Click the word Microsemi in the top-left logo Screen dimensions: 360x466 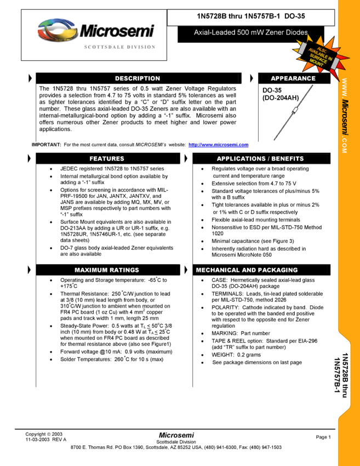[x=116, y=31]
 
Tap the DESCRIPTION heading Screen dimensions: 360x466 [x=138, y=78]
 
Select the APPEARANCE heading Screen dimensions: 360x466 [x=293, y=78]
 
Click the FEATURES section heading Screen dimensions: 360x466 [x=107, y=158]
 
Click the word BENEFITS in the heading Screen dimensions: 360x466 [x=287, y=158]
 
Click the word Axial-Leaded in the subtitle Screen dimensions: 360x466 [x=214, y=33]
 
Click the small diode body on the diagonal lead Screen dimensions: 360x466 [x=294, y=113]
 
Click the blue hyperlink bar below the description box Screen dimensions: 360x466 [x=218, y=145]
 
